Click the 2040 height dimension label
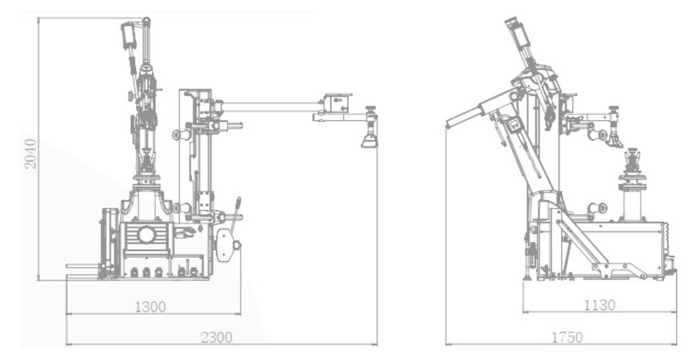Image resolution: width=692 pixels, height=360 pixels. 31,154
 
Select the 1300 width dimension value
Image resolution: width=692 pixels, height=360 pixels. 150,307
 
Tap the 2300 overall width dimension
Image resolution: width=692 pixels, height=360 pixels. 216,337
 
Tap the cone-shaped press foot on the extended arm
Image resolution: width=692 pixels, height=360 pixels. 369,140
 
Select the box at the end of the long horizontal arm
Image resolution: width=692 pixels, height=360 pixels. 336,102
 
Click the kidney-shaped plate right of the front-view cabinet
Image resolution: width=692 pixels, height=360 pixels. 225,244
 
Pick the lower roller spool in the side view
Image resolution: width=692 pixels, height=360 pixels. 597,208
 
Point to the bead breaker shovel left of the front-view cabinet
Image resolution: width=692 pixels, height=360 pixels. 108,244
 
